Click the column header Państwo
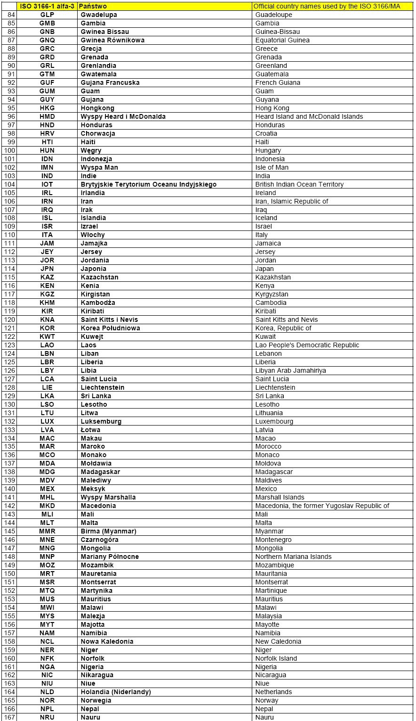click(x=93, y=6)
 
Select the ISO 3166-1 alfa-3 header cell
click(x=47, y=6)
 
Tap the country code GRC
click(x=47, y=49)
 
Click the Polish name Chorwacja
click(x=98, y=133)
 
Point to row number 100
click(x=9, y=150)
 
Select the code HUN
click(x=47, y=150)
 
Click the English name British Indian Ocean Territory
click(x=299, y=184)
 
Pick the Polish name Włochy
click(x=93, y=235)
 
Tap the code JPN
click(x=47, y=269)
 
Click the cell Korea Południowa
click(x=110, y=328)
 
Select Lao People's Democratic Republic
click(x=307, y=345)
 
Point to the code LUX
click(x=47, y=421)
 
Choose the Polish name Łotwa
click(x=90, y=430)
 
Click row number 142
click(x=9, y=506)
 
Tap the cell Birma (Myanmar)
click(x=108, y=531)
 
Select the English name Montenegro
click(x=273, y=540)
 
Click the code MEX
click(x=47, y=489)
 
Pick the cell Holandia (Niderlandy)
click(x=116, y=692)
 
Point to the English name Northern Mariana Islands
click(x=293, y=557)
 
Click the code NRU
click(x=47, y=717)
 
